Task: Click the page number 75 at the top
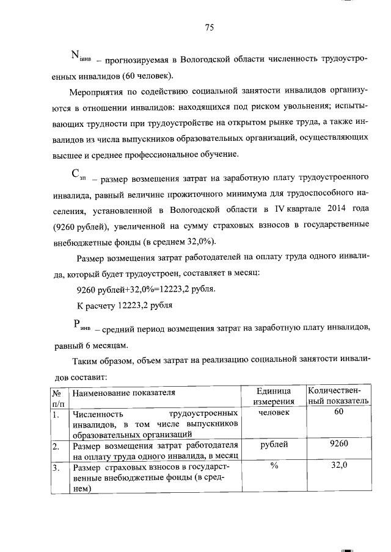pyautogui.click(x=210, y=27)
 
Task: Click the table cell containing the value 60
pyautogui.click(x=339, y=412)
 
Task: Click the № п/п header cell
pyautogui.click(x=58, y=395)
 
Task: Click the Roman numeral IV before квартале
pyautogui.click(x=279, y=210)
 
